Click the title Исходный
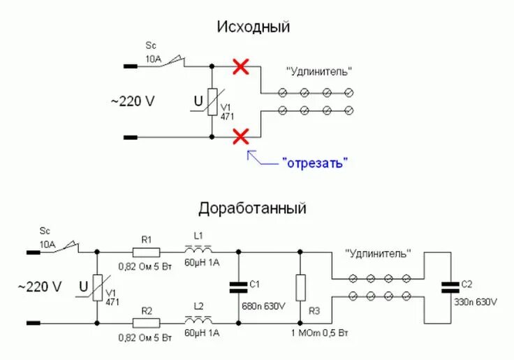[x=254, y=27]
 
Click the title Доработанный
[x=253, y=208]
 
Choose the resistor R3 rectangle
[x=300, y=287]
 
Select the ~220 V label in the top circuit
[x=133, y=101]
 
